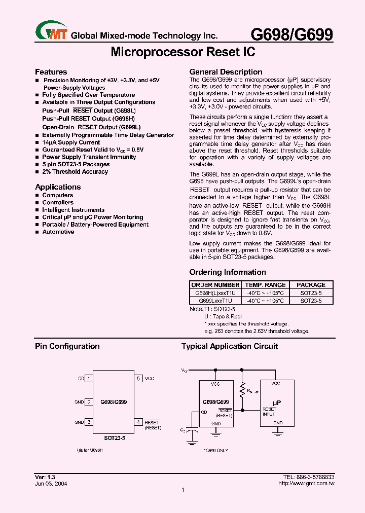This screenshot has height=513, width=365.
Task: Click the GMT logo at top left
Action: (x=51, y=32)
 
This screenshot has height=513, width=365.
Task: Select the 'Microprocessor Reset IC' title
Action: (x=182, y=52)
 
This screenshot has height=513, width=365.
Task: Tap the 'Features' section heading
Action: (x=51, y=72)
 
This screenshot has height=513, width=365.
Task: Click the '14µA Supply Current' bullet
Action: (x=71, y=142)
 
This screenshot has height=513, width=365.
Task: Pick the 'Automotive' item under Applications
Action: (x=58, y=232)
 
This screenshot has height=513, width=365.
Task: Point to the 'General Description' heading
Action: (x=226, y=72)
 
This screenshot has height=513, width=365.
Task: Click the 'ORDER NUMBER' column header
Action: (x=215, y=285)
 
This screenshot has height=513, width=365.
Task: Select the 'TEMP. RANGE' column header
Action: (x=265, y=285)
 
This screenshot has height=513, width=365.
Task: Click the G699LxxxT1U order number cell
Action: (x=215, y=301)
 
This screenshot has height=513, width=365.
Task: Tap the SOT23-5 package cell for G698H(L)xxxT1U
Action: (x=311, y=293)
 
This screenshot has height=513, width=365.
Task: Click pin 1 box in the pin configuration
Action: (x=89, y=378)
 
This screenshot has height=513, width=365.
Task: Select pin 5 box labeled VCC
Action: (x=138, y=378)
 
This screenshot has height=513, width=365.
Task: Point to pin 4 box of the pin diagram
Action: (x=138, y=422)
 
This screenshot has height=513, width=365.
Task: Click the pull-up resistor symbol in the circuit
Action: (x=243, y=390)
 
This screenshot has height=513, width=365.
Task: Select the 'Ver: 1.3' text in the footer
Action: (x=45, y=478)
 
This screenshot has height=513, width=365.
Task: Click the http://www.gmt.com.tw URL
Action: (x=307, y=484)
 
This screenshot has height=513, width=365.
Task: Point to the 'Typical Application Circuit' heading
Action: (x=230, y=346)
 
